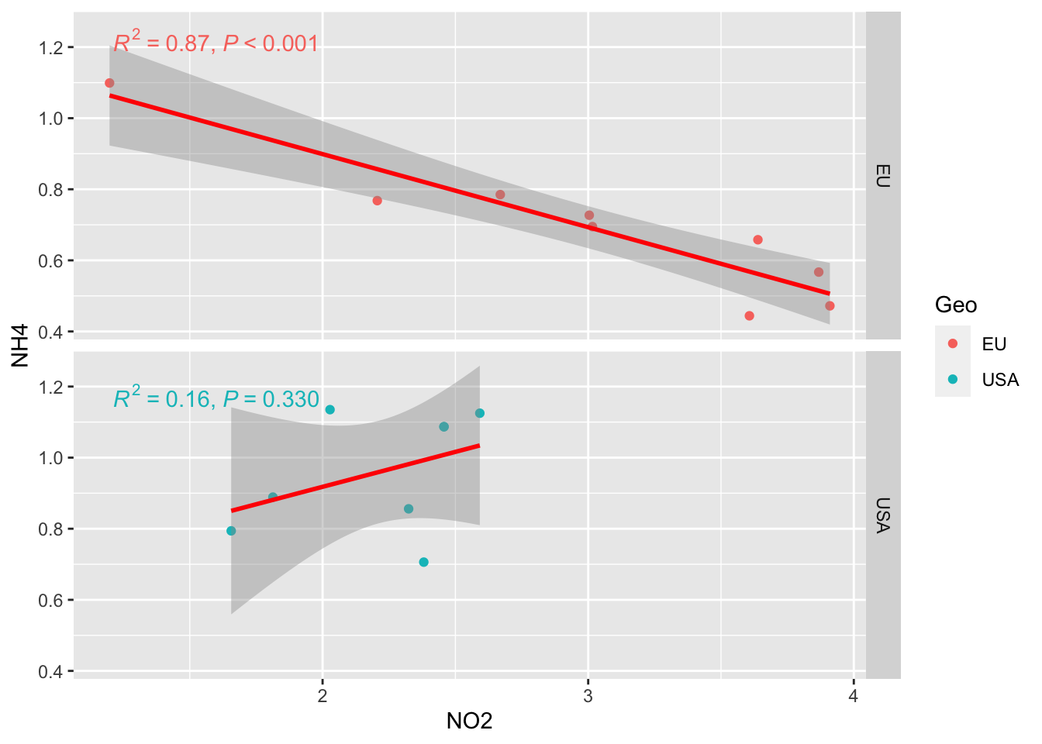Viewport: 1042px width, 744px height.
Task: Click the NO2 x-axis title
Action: point(469,722)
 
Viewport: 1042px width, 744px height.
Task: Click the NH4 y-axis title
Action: point(20,346)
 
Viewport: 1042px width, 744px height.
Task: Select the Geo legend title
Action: point(955,305)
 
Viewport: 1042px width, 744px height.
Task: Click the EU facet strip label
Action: point(882,175)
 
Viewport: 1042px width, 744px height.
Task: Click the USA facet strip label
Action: point(882,515)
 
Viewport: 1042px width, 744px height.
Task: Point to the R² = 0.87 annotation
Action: point(216,42)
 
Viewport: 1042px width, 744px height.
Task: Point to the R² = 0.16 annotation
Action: point(216,398)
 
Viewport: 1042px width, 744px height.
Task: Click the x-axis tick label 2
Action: point(323,696)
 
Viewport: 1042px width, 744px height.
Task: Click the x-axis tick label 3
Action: point(588,696)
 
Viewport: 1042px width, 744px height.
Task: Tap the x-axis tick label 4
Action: point(853,696)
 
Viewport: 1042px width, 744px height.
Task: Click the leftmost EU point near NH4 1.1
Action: point(109,83)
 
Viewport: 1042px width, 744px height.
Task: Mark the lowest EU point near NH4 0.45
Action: point(749,315)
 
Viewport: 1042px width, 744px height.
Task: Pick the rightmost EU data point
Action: point(830,306)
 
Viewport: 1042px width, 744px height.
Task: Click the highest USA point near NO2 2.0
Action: point(330,409)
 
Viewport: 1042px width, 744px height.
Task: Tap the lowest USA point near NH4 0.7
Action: point(423,562)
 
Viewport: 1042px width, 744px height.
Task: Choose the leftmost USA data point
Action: point(231,531)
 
